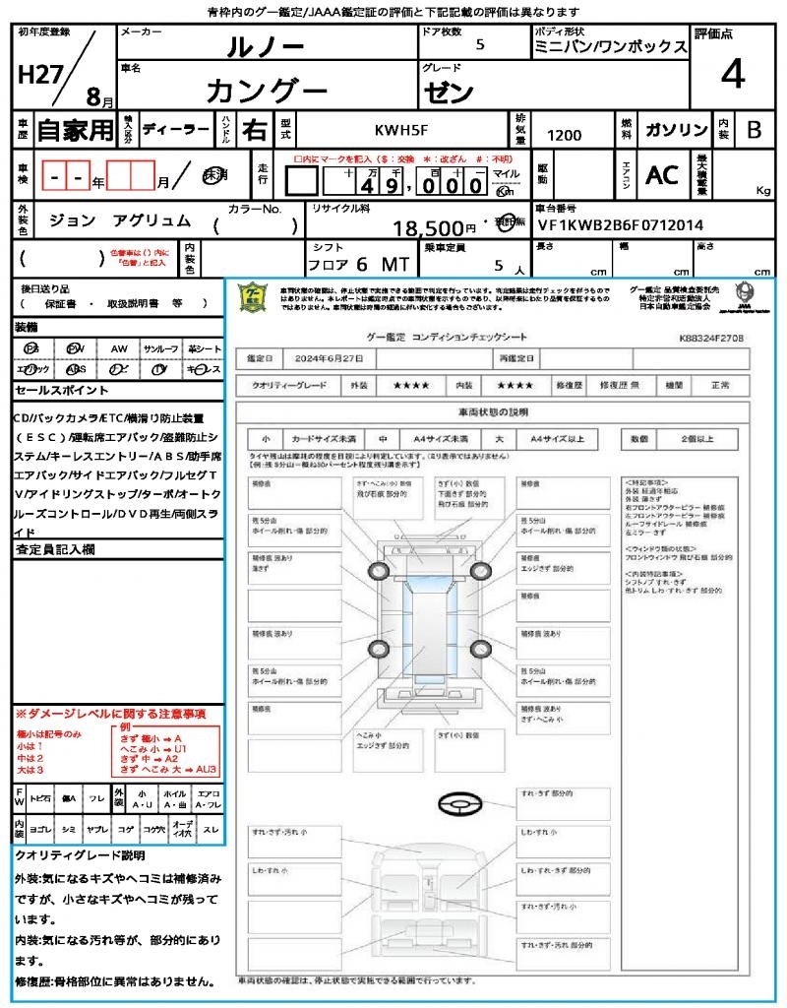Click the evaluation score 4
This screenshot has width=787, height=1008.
point(732,74)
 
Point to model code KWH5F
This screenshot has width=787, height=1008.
point(400,129)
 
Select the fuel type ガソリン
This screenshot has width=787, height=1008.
point(676,130)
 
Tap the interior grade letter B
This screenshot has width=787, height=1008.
point(754,130)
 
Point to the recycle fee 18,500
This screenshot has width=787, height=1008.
point(428,228)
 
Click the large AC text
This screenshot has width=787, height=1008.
point(662,175)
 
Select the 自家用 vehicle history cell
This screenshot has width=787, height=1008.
point(76,130)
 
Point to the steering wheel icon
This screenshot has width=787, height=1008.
point(459,804)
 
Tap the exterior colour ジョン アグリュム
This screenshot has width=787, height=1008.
point(120,221)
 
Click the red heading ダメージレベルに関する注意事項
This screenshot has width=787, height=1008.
point(110,713)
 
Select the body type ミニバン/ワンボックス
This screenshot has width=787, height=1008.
point(610,46)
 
